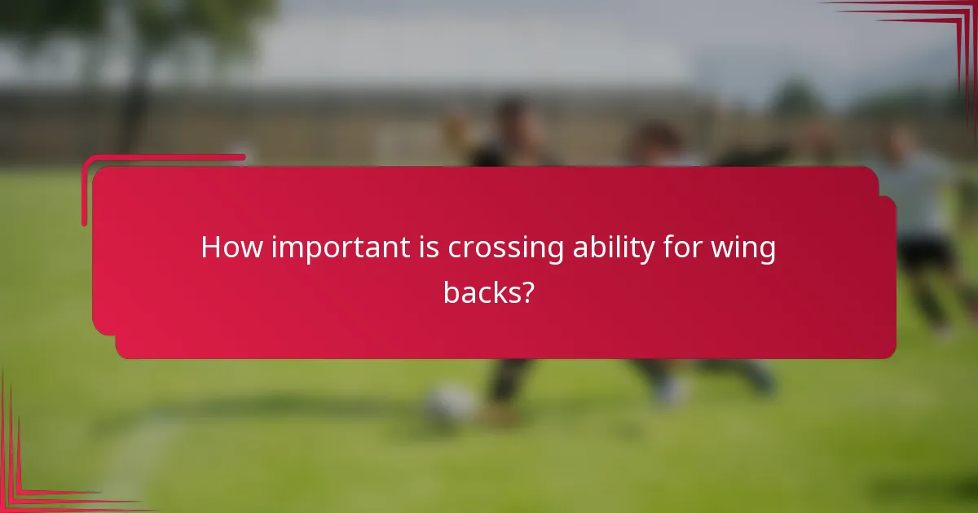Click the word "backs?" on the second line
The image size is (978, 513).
tap(488, 292)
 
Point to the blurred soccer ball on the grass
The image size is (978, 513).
tap(449, 402)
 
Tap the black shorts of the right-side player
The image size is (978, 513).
tap(925, 252)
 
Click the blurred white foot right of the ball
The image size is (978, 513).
tap(668, 391)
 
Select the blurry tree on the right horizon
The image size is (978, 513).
tap(795, 98)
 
